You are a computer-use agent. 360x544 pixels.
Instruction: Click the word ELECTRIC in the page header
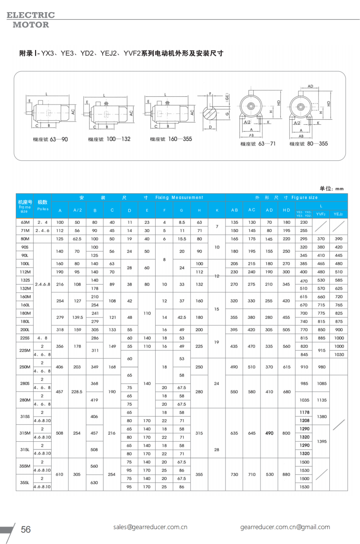(31, 15)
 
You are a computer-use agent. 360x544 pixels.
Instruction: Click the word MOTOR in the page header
(31, 25)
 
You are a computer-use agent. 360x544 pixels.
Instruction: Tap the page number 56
(26, 529)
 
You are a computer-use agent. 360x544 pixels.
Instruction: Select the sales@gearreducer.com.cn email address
(150, 527)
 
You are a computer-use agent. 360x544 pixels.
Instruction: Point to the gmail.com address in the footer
(285, 527)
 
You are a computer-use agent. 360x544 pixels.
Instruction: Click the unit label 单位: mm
(332, 189)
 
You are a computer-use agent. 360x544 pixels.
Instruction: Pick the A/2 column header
(77, 210)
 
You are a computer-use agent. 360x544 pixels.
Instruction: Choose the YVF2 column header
(321, 215)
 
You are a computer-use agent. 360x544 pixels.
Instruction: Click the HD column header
(286, 210)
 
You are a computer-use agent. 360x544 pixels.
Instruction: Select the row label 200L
(25, 330)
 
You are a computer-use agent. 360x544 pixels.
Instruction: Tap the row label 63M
(25, 222)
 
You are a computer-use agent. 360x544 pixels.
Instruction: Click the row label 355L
(25, 482)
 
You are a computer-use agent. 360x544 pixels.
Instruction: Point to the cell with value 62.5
(77, 239)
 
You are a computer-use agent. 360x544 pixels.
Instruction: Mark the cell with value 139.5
(77, 317)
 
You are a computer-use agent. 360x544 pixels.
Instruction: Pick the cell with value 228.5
(77, 392)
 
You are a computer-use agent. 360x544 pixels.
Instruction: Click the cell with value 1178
(304, 412)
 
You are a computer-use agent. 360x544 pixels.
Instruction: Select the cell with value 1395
(321, 441)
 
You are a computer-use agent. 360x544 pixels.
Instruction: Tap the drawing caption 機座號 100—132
(109, 140)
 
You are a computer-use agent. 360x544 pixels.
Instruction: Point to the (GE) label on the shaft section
(228, 97)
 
